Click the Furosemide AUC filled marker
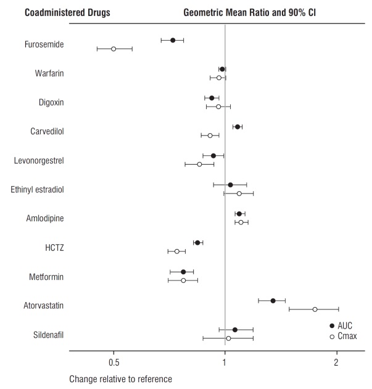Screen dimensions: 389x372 173,40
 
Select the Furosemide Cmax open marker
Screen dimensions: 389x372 114,49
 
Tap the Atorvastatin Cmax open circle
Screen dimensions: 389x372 315,309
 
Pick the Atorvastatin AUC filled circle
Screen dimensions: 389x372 273,301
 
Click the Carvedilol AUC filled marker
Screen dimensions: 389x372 237,127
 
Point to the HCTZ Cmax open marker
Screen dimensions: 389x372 176,252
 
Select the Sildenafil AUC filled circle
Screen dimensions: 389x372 235,330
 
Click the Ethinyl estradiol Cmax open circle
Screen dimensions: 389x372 239,194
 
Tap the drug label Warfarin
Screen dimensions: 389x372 50,73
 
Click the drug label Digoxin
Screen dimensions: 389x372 51,102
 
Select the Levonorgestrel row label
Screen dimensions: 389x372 39,160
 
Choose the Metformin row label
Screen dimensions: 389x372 47,276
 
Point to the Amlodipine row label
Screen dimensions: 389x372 45,218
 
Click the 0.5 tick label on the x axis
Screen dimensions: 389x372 114,362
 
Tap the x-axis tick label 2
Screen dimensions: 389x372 337,362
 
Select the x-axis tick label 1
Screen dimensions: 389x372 225,362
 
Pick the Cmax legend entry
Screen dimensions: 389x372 344,337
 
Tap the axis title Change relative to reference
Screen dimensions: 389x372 120,378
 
